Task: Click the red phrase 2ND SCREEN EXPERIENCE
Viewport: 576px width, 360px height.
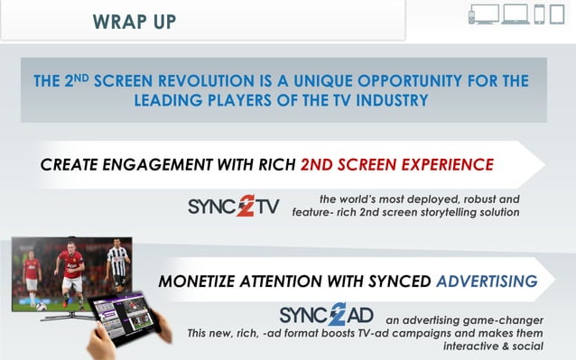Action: point(397,165)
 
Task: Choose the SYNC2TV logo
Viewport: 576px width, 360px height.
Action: point(234,207)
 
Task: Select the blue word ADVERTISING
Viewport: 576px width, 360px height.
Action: point(488,282)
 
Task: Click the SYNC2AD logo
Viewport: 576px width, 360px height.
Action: point(326,315)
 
